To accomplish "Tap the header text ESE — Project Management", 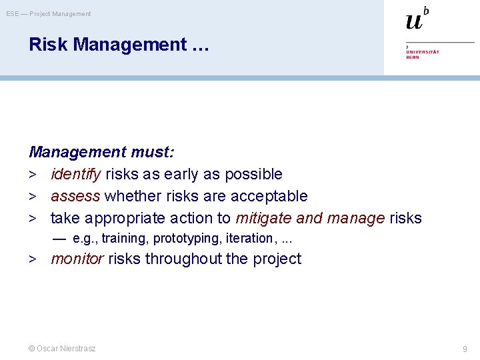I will tap(49, 13).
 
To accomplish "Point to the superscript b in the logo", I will tap(426, 10).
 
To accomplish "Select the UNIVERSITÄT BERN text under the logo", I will tap(423, 54).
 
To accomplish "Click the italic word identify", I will tap(75, 175).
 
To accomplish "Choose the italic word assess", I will tap(75, 197).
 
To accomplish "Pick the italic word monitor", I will tap(77, 259).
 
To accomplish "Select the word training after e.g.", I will tap(125, 239).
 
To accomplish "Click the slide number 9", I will tap(465, 349).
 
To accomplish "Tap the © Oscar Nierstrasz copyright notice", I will tap(62, 349).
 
